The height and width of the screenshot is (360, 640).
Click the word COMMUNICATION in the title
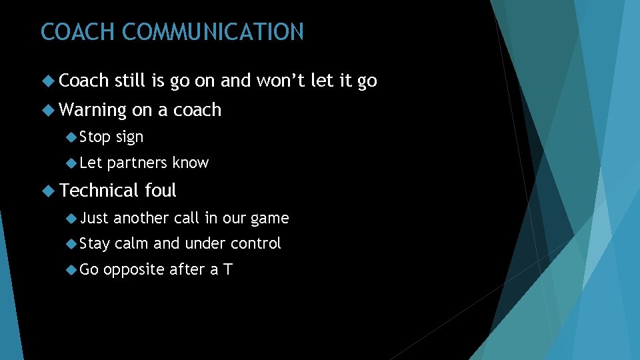(213, 32)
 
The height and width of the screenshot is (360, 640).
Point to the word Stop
(95, 137)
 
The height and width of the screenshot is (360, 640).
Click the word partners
(137, 163)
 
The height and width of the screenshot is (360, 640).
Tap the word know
(191, 163)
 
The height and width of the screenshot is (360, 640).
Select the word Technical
(100, 191)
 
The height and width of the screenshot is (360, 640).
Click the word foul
(161, 191)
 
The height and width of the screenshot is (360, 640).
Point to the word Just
(94, 218)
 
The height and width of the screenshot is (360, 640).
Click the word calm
(132, 244)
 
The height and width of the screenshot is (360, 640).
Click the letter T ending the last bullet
(227, 270)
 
